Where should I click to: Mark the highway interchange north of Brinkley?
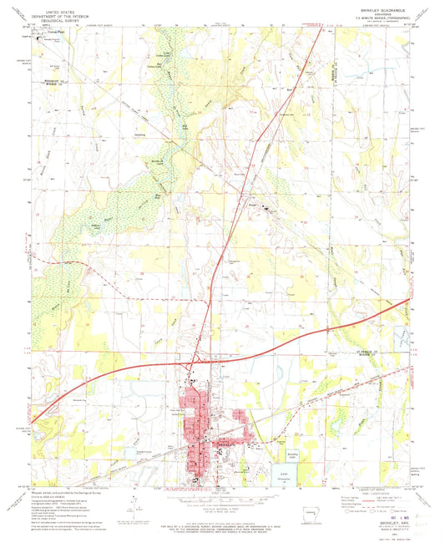(x=191, y=363)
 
